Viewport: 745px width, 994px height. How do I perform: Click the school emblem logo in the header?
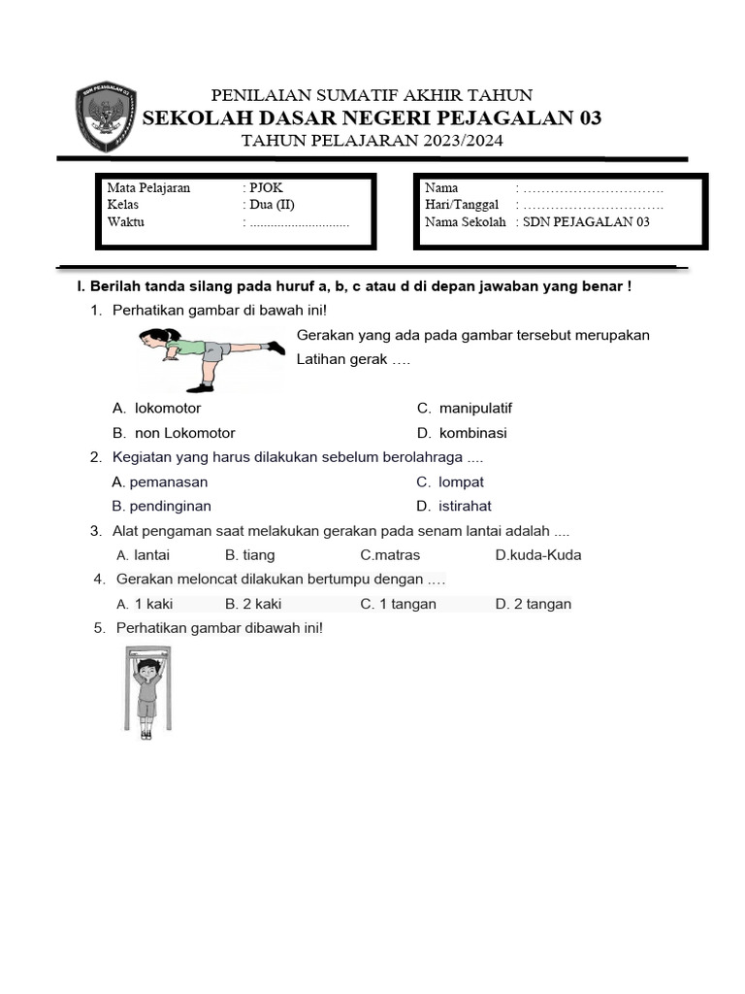(106, 117)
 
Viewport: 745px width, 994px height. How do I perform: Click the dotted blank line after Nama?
(593, 188)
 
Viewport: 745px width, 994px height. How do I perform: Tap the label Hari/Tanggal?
(461, 205)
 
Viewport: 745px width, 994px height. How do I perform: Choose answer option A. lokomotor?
(156, 409)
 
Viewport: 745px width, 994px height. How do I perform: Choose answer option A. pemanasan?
(160, 481)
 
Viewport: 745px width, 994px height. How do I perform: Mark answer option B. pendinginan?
(161, 506)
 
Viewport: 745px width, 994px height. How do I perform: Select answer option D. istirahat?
(454, 506)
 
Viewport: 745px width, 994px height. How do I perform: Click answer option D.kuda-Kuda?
(537, 555)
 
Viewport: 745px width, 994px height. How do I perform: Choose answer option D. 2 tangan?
(533, 604)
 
